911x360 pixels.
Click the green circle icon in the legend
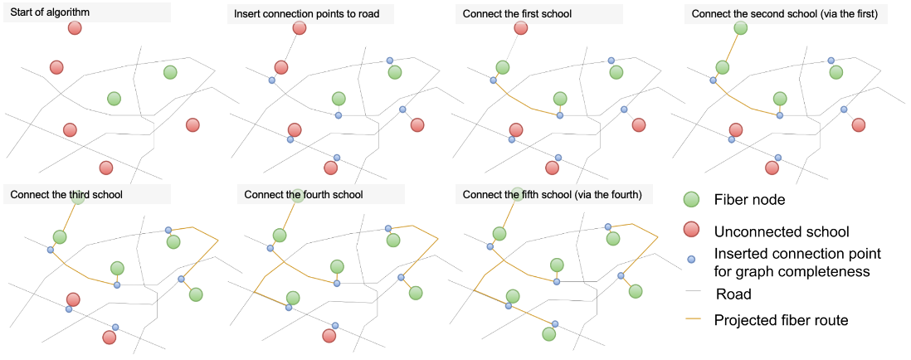tap(691, 200)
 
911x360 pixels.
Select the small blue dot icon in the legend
tap(691, 260)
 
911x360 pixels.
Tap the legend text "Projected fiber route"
tap(781, 319)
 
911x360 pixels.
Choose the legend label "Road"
tap(733, 294)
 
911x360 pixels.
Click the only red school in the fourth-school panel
tap(329, 335)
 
